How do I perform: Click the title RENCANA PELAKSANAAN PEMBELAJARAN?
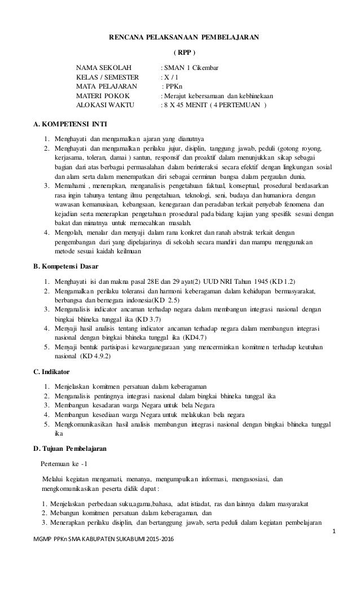point(184,37)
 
